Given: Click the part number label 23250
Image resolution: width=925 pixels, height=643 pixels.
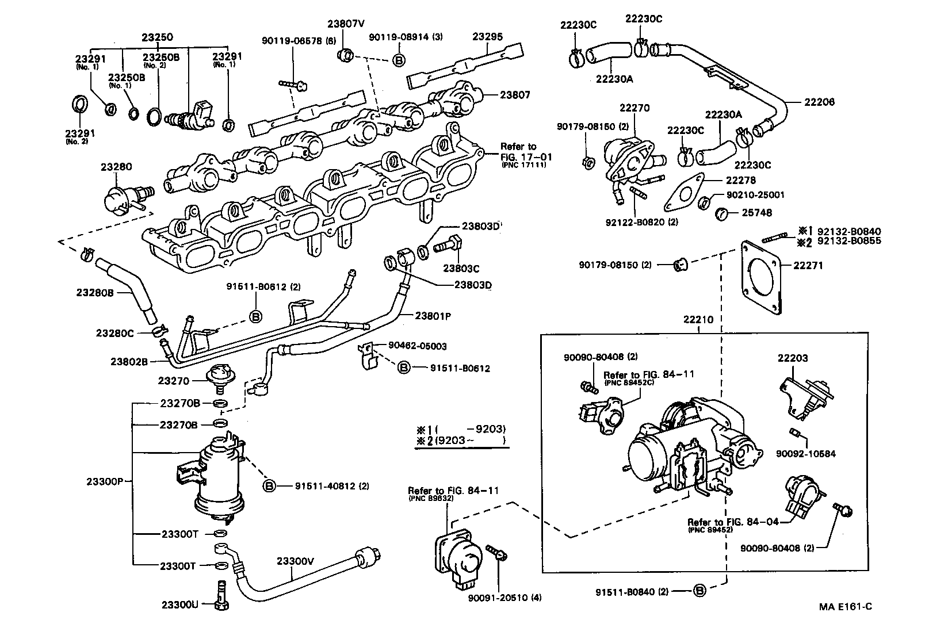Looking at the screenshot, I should point(158,37).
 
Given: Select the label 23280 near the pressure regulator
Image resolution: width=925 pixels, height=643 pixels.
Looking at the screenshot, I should point(117,167).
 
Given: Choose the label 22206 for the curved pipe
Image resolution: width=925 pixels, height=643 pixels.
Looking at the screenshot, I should point(819,102).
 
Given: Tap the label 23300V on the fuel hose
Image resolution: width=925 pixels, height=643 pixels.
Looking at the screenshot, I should point(295,561).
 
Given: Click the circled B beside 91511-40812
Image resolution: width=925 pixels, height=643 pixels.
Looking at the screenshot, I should point(269,486).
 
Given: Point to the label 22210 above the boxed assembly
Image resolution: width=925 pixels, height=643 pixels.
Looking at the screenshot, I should point(698,319).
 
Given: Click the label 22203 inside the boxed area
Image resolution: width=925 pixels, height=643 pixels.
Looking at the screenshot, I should point(793,358).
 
